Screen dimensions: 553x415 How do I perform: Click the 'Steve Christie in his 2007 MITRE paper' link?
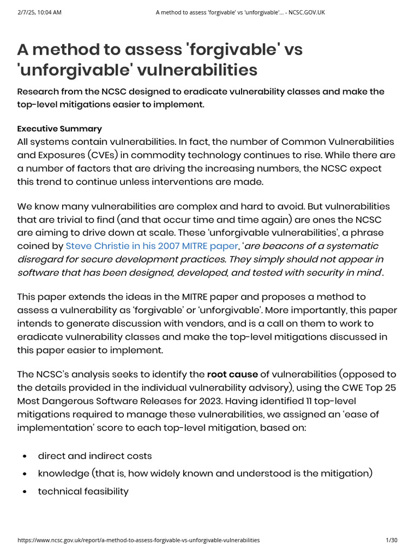151,246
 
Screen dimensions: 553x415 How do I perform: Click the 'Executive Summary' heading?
59,129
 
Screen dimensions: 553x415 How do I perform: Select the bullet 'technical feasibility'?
83,491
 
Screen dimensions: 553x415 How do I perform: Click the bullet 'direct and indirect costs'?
95,455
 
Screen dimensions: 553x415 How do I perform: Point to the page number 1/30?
391,540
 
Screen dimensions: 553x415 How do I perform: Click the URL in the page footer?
139,540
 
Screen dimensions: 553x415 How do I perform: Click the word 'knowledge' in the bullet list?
63,473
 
